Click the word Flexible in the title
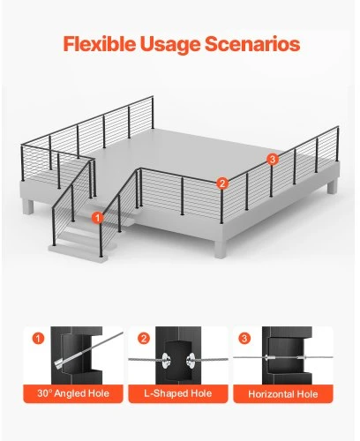99,43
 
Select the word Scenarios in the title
252,44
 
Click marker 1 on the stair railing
97,218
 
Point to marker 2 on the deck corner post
222,183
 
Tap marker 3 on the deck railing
273,160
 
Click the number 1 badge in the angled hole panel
38,339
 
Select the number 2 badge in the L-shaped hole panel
143,339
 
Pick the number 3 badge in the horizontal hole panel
244,339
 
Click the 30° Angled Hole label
73,393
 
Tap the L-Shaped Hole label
178,393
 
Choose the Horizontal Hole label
283,394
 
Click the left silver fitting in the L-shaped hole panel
165,360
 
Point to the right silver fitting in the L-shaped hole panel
191,360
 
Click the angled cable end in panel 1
60,364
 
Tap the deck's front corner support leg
221,248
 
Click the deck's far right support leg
333,186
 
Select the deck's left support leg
28,207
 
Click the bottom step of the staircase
78,252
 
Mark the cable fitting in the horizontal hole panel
283,358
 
